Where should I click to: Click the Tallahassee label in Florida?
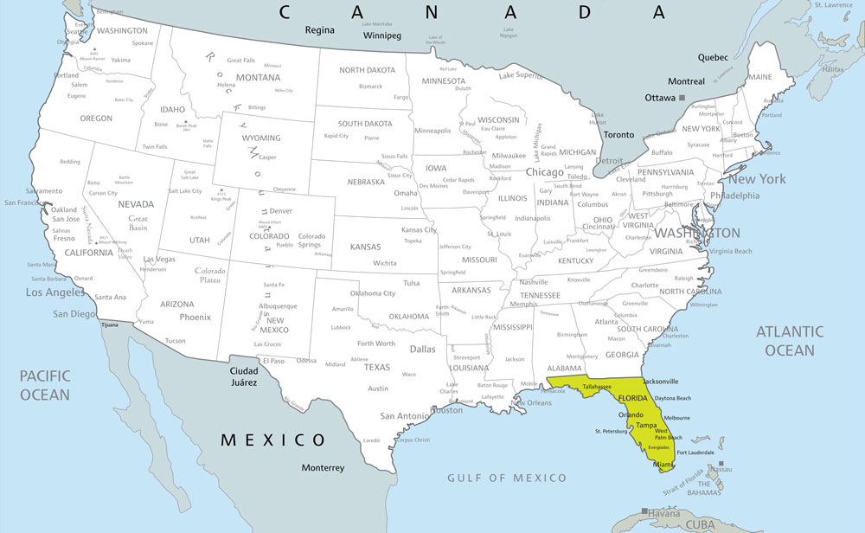598,387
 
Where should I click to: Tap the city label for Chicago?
544,172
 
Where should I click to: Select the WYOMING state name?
261,138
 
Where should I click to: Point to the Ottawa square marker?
682,98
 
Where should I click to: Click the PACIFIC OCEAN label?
44,385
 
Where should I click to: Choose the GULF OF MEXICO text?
507,478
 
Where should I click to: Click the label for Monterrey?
323,468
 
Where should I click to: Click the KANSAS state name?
365,247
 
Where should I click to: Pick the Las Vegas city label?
159,259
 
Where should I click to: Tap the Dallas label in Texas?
422,350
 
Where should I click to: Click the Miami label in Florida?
663,465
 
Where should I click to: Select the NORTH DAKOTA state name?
368,70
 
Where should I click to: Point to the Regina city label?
319,30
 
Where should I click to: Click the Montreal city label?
685,81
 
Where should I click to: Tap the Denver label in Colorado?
280,211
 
